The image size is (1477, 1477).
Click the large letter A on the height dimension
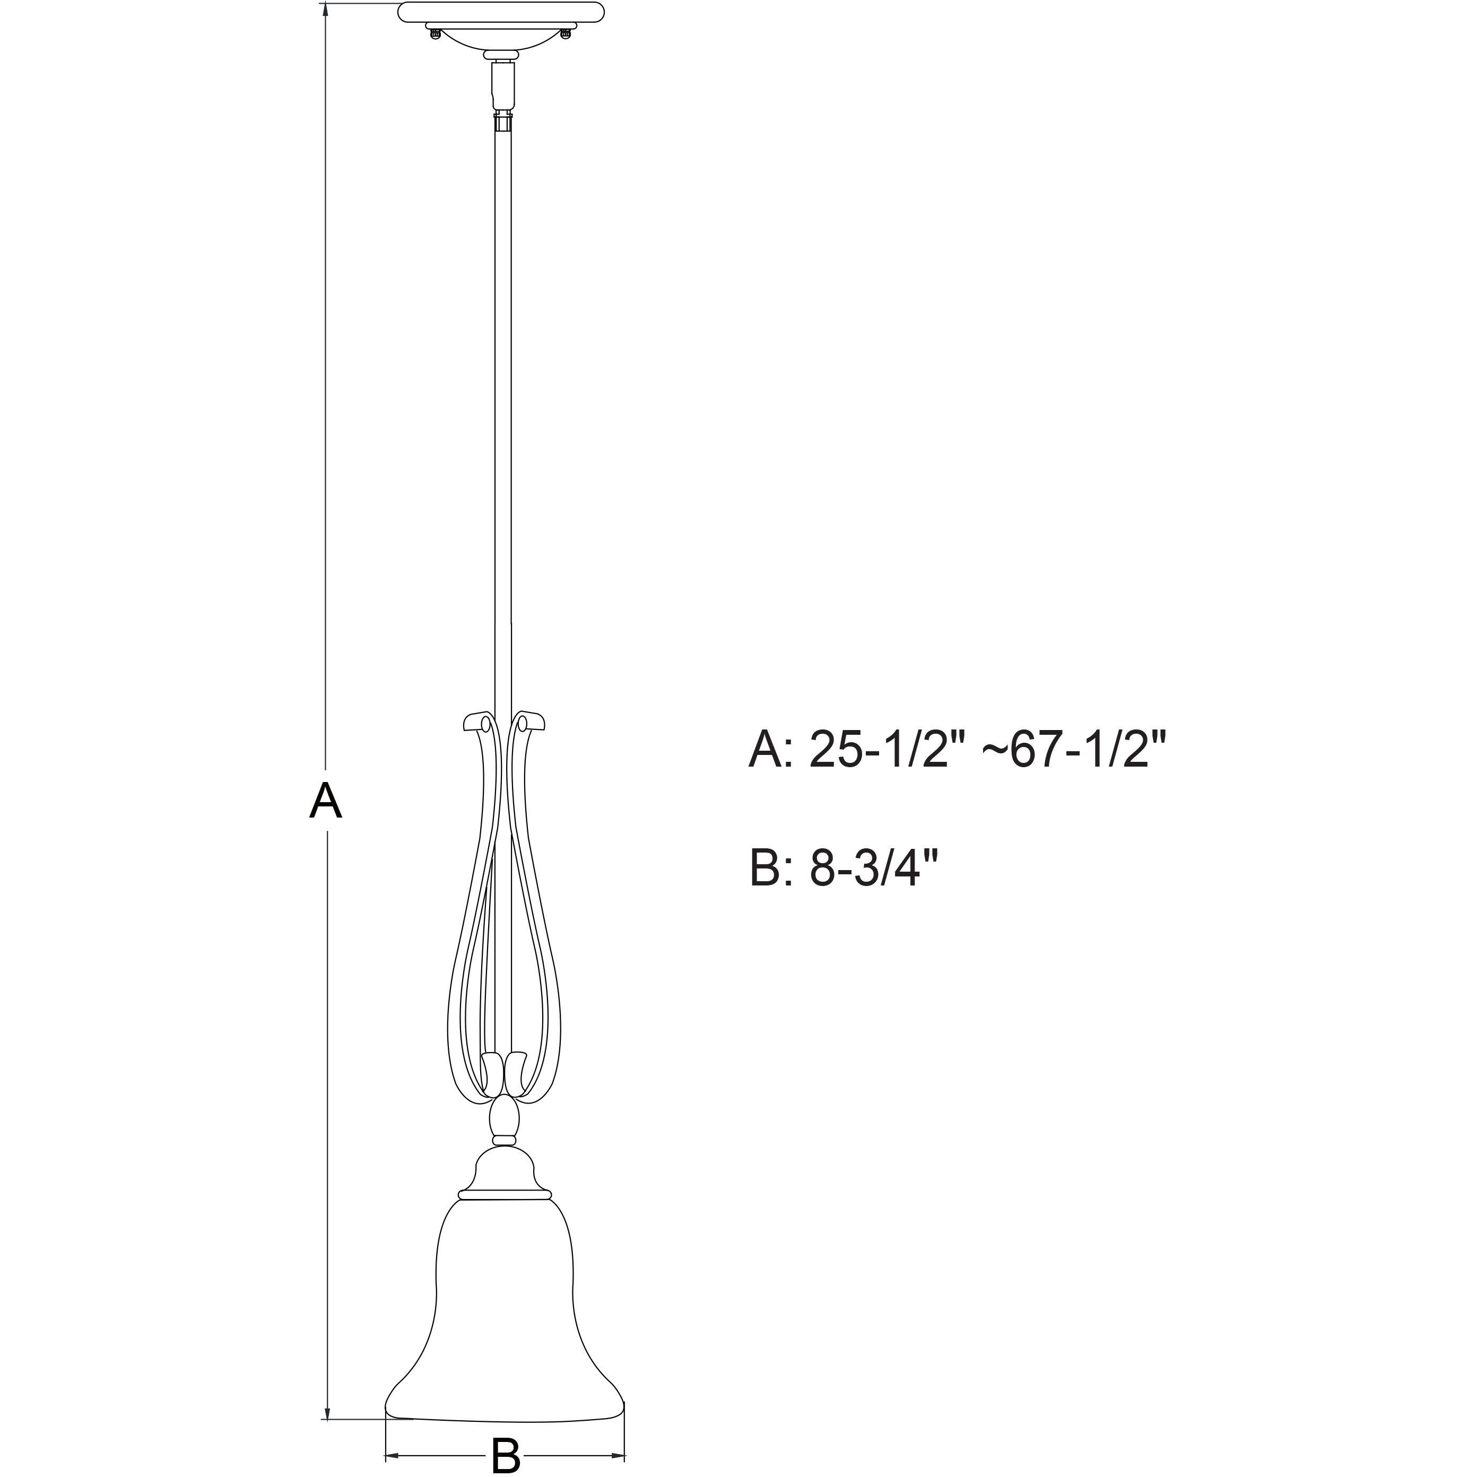point(325,801)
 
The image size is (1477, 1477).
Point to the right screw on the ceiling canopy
point(566,33)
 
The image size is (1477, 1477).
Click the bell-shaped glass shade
point(504,1315)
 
